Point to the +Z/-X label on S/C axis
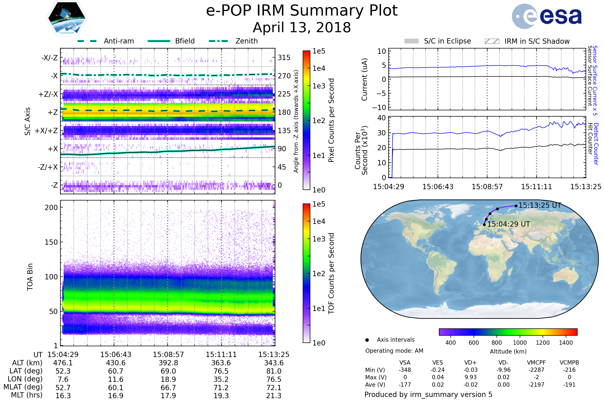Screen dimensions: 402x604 point(48,94)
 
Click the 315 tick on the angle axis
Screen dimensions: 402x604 point(284,58)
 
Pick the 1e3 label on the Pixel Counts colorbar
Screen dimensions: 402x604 point(319,86)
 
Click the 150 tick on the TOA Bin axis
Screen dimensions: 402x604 point(51,242)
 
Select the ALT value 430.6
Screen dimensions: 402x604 point(116,363)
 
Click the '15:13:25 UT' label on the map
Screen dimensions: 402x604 point(540,205)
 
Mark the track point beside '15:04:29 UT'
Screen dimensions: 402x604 point(484,225)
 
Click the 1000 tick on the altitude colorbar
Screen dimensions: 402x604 point(520,343)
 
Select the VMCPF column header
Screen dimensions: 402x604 point(536,363)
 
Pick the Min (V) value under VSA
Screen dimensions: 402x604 point(405,370)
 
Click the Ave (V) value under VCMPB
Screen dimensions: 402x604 point(569,385)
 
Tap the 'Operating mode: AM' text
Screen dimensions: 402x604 point(394,351)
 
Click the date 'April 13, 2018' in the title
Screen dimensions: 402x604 point(302,28)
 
